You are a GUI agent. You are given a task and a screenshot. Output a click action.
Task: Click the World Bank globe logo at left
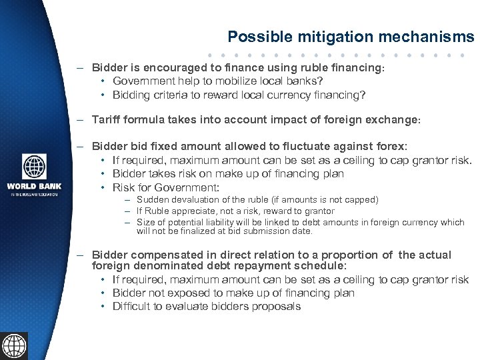point(34,167)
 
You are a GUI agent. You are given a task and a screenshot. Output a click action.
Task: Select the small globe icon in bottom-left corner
point(14,346)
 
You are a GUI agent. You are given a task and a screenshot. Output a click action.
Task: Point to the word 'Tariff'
point(107,121)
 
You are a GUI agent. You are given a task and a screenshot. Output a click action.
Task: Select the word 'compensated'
point(162,255)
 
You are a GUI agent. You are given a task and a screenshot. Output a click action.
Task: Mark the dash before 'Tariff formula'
point(80,121)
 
